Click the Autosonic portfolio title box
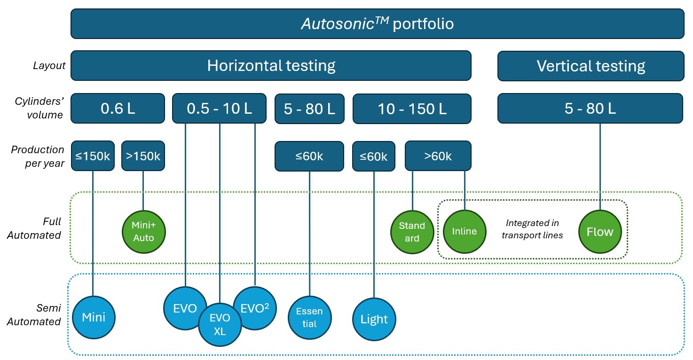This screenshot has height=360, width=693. pos(377,23)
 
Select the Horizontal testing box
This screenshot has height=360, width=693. pos(271,65)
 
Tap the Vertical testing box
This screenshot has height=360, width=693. pos(591,65)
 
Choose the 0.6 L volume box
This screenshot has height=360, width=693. pos(118,109)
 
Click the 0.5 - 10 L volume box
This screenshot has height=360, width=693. pos(220,109)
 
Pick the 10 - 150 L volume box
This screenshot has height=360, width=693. pos(412,109)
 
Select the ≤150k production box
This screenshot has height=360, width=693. pos(93,156)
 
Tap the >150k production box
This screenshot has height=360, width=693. pos(143,156)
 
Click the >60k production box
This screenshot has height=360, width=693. pos(438,156)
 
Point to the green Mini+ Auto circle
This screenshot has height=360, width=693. pos(143,232)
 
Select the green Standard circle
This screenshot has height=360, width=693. pos(412,232)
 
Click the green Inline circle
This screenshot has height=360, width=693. pos(465,231)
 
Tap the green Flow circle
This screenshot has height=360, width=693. pos(600,232)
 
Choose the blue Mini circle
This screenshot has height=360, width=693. pos(94,317)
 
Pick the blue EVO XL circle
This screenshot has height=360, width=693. pos(220,324)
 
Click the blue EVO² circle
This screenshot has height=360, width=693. pos(255,308)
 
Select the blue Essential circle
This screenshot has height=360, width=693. pos(309,317)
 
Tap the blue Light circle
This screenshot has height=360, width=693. pos(374,319)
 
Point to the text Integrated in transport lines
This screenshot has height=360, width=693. pos(532,229)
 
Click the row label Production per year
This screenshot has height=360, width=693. pos(38,156)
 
